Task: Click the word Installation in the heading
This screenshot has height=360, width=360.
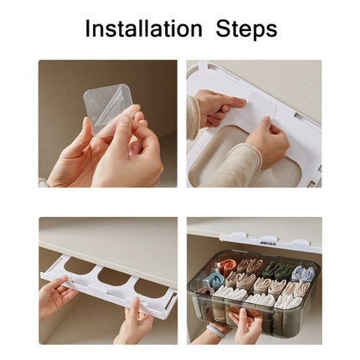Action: point(142,28)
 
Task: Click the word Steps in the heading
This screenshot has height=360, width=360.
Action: point(246,29)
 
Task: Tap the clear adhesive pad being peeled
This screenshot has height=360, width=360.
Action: point(108,106)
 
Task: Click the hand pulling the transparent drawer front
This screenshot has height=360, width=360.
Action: point(247,325)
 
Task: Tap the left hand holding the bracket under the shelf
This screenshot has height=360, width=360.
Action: point(54,297)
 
